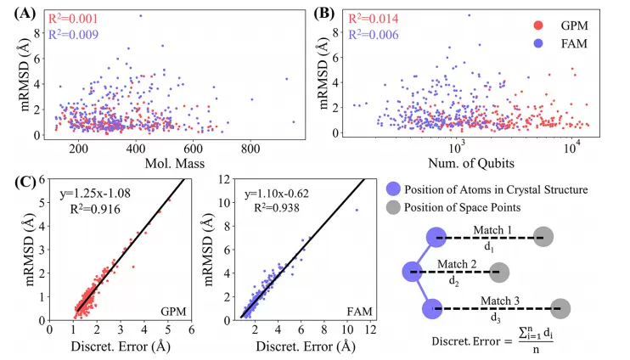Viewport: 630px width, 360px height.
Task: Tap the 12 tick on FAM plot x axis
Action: pyautogui.click(x=368, y=332)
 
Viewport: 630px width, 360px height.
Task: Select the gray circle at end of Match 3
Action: pyautogui.click(x=558, y=308)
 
